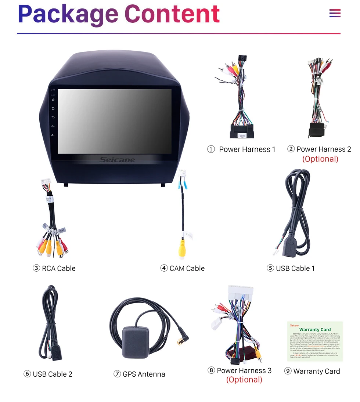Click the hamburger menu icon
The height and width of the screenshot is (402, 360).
click(335, 14)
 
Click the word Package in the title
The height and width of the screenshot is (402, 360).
click(68, 14)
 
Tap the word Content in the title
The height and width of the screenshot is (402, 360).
click(172, 14)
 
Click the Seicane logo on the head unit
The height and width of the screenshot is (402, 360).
click(117, 160)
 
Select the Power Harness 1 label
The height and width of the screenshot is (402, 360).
click(247, 149)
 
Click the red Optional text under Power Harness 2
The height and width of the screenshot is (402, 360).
click(320, 159)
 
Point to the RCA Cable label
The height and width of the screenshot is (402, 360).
click(58, 268)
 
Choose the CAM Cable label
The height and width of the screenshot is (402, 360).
click(187, 268)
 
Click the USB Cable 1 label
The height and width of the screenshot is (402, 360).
click(295, 268)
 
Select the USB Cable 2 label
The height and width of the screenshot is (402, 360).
click(53, 374)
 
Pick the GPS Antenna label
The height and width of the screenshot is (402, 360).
click(144, 374)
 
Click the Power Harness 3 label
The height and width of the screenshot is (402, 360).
click(244, 370)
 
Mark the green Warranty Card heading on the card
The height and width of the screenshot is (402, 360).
click(315, 330)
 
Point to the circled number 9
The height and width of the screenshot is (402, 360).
click(288, 371)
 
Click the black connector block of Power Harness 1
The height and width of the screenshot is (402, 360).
click(242, 131)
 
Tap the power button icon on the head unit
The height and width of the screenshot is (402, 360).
click(53, 99)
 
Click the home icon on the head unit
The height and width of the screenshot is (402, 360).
click(53, 108)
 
